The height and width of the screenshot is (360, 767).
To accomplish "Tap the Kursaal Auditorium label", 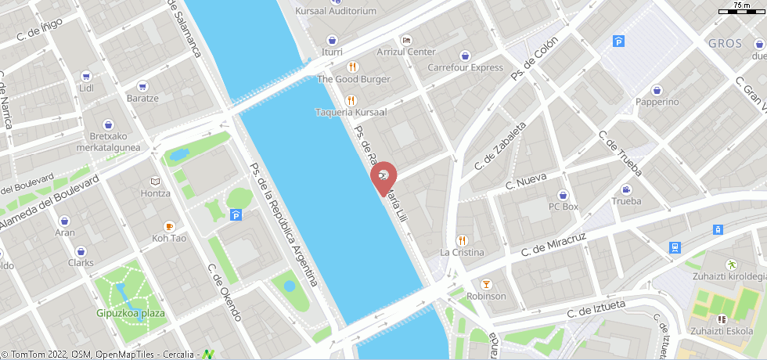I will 336,11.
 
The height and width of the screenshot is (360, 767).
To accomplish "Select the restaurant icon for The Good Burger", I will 352,67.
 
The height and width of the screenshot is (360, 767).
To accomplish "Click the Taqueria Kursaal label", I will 351,112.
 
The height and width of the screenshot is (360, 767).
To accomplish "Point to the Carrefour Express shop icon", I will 466,56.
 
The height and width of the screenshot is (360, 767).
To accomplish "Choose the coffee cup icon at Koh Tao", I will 169,225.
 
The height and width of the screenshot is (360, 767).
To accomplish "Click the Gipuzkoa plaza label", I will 131,313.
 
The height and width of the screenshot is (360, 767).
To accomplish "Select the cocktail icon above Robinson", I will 486,283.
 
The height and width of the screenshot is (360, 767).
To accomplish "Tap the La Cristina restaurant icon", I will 461,240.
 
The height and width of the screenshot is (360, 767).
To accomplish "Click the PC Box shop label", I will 563,207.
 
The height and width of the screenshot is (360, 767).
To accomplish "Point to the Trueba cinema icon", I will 625,189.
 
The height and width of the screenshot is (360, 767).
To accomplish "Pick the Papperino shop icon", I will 657,90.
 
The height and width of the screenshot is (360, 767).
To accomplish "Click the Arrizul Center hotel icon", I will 405,40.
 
